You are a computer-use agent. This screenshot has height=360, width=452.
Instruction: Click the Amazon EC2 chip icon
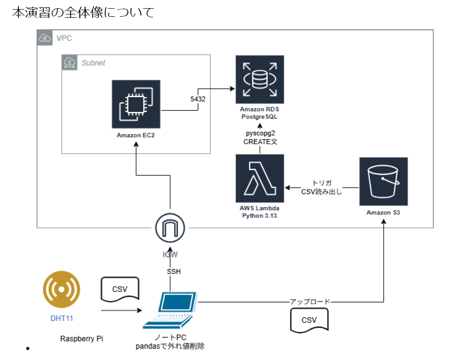click(136, 103)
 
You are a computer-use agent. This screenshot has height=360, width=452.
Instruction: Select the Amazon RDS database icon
click(260, 79)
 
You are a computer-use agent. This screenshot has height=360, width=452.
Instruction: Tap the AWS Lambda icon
click(260, 178)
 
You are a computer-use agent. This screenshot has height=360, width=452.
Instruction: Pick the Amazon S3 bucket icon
click(384, 181)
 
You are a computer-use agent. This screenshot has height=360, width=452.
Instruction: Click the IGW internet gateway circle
click(170, 229)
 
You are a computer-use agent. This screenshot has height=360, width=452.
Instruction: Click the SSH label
click(174, 272)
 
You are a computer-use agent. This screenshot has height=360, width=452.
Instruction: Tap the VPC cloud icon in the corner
click(44, 37)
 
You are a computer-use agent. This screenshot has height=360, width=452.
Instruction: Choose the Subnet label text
click(93, 62)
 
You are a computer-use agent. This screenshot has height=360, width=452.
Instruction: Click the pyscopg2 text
click(260, 133)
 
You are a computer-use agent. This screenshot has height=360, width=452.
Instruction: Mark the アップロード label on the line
click(310, 302)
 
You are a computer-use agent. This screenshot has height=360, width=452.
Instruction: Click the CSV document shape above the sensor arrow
click(120, 289)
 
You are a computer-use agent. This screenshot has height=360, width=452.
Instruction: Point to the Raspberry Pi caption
click(82, 338)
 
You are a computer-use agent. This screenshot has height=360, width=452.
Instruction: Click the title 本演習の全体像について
click(83, 12)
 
